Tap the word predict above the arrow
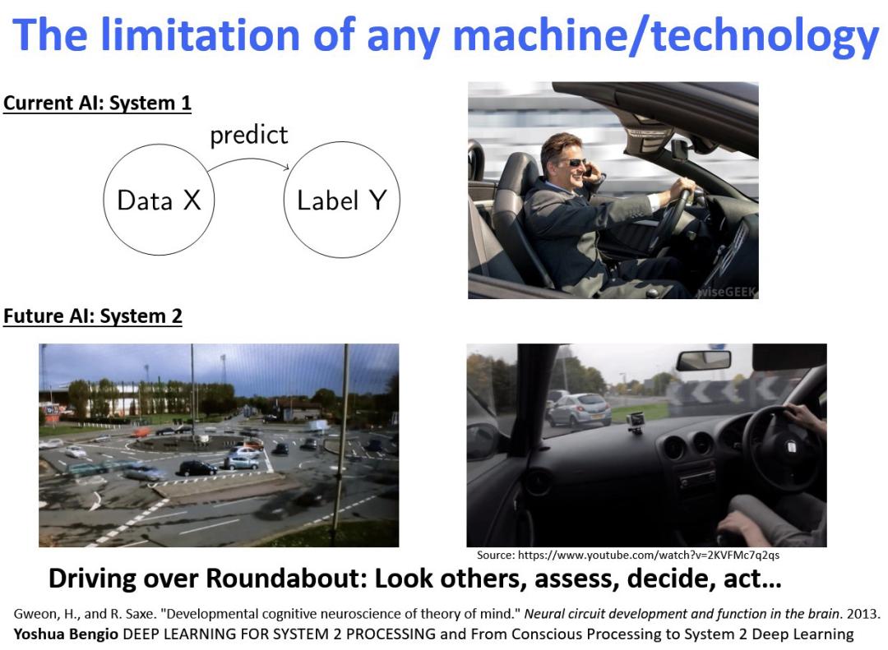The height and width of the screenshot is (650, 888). [248, 136]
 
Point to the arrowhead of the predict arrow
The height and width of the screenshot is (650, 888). [287, 167]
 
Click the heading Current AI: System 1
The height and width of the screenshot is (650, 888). [97, 103]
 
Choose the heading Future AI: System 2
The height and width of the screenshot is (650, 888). [93, 316]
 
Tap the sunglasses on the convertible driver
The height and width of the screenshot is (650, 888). [574, 163]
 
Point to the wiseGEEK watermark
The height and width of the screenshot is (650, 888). [728, 292]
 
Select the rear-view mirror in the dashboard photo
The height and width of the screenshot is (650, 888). [703, 360]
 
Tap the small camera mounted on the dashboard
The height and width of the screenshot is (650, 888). [636, 422]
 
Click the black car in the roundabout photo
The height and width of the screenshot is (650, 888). [197, 468]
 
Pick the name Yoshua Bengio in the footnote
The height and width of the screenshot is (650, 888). [66, 634]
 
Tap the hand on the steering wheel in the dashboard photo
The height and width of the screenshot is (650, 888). [803, 417]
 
